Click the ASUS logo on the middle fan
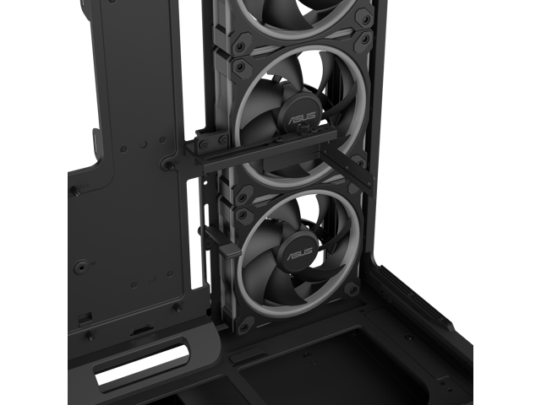pyautogui.click(x=302, y=118)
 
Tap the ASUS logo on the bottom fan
pyautogui.click(x=298, y=254)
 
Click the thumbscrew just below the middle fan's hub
pyautogui.click(x=302, y=130)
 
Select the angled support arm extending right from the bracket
pyautogui.click(x=348, y=166)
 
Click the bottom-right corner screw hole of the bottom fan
pyautogui.click(x=352, y=289)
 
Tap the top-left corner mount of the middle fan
pyautogui.click(x=239, y=65)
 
